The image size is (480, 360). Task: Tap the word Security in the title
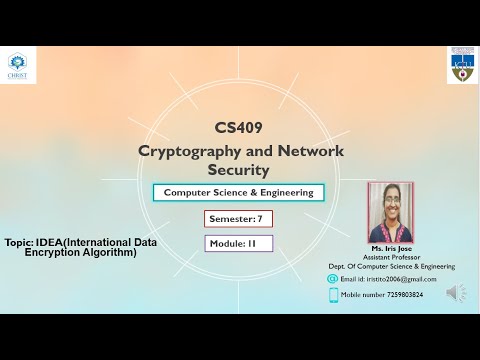pyautogui.click(x=238, y=170)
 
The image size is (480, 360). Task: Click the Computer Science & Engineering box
pyautogui.click(x=238, y=193)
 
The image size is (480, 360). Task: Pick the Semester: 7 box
pyautogui.click(x=238, y=218)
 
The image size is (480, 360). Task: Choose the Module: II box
pyautogui.click(x=238, y=243)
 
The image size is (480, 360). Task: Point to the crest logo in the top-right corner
pyautogui.click(x=461, y=65)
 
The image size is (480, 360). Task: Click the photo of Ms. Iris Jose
pyautogui.click(x=390, y=212)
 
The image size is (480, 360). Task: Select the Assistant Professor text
pyautogui.click(x=391, y=257)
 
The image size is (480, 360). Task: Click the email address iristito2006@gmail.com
pyautogui.click(x=388, y=279)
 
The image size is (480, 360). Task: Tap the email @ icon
pyautogui.click(x=332, y=279)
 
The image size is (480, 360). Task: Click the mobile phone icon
pyautogui.click(x=332, y=295)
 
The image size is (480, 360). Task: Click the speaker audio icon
pyautogui.click(x=456, y=293)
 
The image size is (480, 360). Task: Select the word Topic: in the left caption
pyautogui.click(x=18, y=243)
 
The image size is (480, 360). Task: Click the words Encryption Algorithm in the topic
pyautogui.click(x=80, y=253)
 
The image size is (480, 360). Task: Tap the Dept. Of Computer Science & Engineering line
pyautogui.click(x=391, y=266)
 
